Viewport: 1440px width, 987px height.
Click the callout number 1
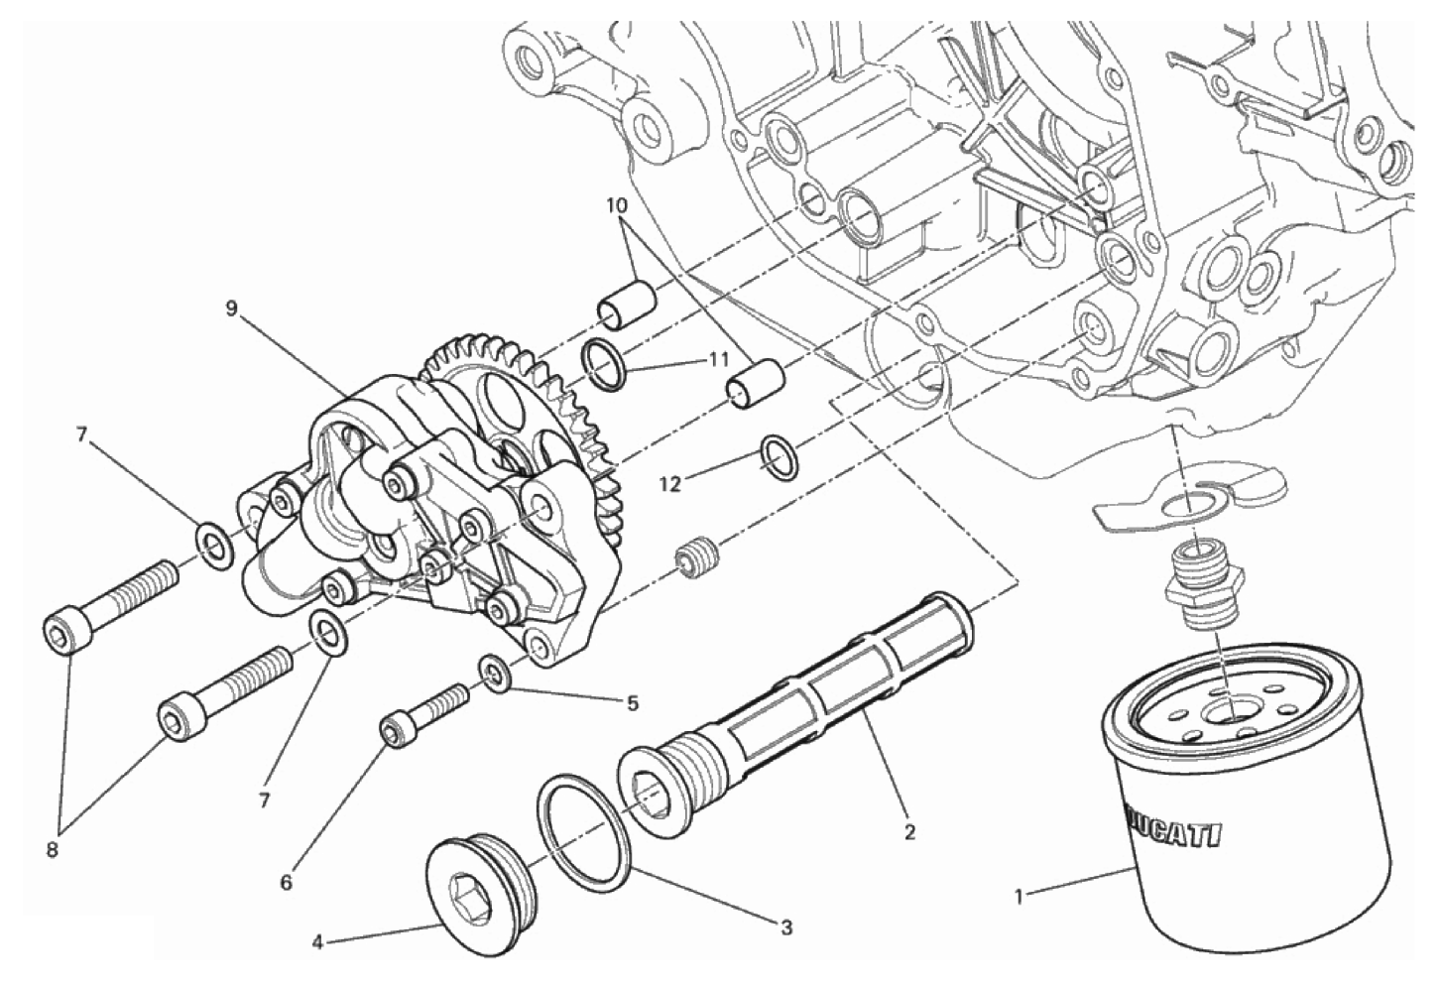pos(1018,896)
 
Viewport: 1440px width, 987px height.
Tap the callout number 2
pos(909,832)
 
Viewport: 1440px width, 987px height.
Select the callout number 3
pos(786,927)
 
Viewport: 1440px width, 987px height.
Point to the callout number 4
pos(317,943)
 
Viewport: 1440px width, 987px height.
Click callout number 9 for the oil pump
pos(231,308)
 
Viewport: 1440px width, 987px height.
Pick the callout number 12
pos(670,484)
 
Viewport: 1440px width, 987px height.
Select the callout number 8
pos(53,850)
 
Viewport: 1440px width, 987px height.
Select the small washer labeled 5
pos(495,673)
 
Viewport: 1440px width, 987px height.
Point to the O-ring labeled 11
pos(603,366)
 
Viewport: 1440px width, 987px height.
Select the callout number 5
pos(633,703)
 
